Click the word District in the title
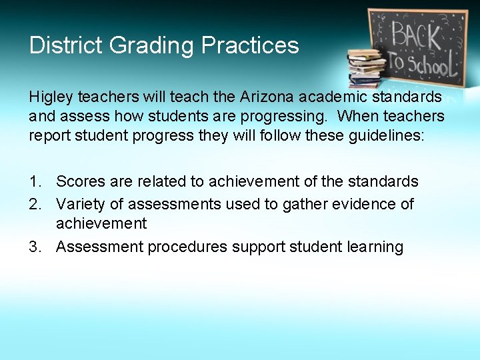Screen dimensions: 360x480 coord(65,45)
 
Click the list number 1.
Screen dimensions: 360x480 coord(35,181)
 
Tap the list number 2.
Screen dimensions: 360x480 coord(35,203)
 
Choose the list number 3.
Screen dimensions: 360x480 coord(35,247)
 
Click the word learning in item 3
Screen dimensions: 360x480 coord(375,247)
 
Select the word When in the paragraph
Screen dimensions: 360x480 coord(357,116)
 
